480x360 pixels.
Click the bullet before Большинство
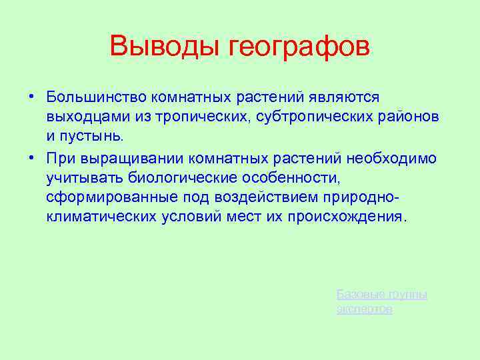click(x=31, y=97)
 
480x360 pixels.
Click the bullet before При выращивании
click(x=31, y=157)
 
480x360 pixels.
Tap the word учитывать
click(x=78, y=177)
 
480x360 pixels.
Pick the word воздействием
click(x=266, y=197)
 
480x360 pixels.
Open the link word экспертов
click(x=365, y=309)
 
